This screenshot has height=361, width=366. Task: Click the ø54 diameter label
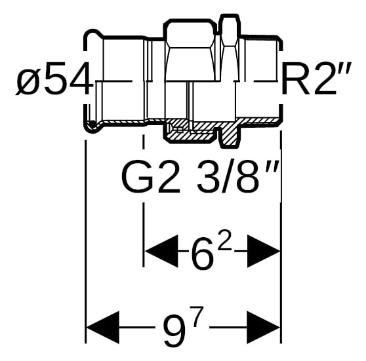(52, 79)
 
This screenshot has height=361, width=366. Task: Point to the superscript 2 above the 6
(224, 241)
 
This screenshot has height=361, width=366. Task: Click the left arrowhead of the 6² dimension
(161, 251)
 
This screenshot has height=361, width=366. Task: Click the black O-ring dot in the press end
(92, 124)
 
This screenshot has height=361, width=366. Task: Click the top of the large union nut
(190, 20)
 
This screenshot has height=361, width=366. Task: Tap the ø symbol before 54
(29, 82)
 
